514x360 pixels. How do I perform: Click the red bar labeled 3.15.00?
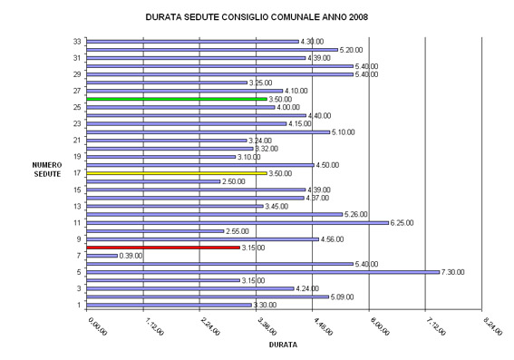[x=163, y=247]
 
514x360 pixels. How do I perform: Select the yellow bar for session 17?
[x=177, y=172]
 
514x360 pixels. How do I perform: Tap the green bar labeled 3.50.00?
[x=177, y=98]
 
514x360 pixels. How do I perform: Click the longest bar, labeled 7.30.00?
[x=263, y=271]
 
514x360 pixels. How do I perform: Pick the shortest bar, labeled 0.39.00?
[x=102, y=255]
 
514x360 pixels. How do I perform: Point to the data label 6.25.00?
[x=404, y=222]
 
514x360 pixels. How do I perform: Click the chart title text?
[x=257, y=16]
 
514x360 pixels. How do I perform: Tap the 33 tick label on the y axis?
[x=79, y=41]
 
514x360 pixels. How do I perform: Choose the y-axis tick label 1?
[x=81, y=305]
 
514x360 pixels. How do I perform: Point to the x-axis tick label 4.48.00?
[x=322, y=325]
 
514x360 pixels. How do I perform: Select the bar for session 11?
[x=238, y=222]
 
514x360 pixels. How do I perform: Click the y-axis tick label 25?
[x=79, y=107]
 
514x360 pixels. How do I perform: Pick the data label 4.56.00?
[x=333, y=239]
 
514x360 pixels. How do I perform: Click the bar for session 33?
[x=192, y=41]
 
